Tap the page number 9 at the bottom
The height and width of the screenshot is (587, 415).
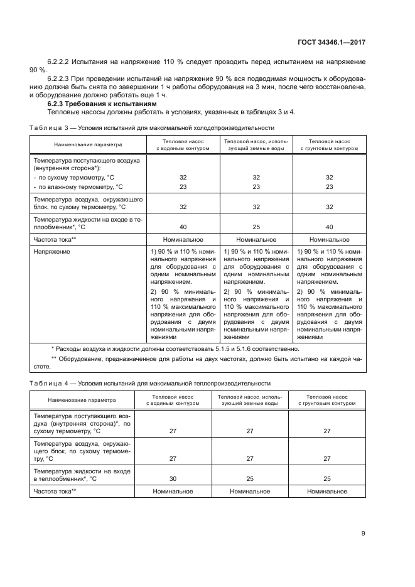click(364, 534)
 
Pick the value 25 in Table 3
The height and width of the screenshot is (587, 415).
click(256, 227)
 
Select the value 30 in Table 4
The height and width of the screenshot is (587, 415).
click(173, 478)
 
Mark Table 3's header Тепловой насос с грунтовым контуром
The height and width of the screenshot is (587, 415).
click(330, 145)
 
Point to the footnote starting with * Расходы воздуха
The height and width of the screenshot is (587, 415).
click(175, 349)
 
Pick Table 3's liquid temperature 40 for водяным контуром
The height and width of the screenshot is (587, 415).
click(183, 227)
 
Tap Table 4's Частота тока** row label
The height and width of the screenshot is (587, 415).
click(55, 492)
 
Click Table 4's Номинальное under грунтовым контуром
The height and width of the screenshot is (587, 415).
click(327, 492)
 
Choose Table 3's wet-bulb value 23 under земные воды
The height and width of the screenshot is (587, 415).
click(256, 186)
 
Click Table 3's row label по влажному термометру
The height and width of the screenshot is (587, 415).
click(78, 186)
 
